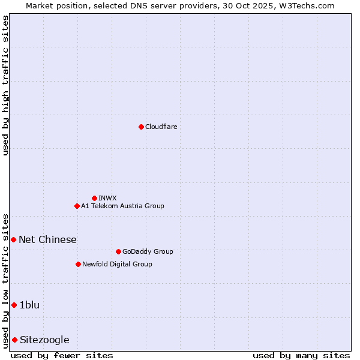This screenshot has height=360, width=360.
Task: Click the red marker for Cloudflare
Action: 141,127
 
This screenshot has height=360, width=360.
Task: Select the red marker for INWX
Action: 94,198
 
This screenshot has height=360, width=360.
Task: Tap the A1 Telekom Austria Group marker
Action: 77,206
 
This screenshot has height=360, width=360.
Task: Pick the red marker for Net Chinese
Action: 13,239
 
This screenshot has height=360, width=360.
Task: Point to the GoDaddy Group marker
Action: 118,251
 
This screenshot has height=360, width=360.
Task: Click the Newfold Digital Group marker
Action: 78,264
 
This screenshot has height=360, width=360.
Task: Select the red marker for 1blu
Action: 14,305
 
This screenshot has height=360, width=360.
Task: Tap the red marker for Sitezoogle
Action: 14,340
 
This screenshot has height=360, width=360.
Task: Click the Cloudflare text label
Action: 161,127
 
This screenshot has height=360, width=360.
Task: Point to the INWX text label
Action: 107,198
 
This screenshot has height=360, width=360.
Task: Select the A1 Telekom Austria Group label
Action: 122,206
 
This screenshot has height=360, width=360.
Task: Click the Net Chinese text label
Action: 47,239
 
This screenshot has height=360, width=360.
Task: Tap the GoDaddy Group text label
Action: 147,251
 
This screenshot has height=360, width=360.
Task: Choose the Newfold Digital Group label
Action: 117,264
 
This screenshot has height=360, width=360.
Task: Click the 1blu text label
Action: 29,305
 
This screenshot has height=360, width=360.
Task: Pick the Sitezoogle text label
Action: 44,340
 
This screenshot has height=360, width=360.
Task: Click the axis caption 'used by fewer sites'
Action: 62,355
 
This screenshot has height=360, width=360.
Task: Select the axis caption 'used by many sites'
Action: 301,355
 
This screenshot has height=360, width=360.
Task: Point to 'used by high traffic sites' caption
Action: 6,85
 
